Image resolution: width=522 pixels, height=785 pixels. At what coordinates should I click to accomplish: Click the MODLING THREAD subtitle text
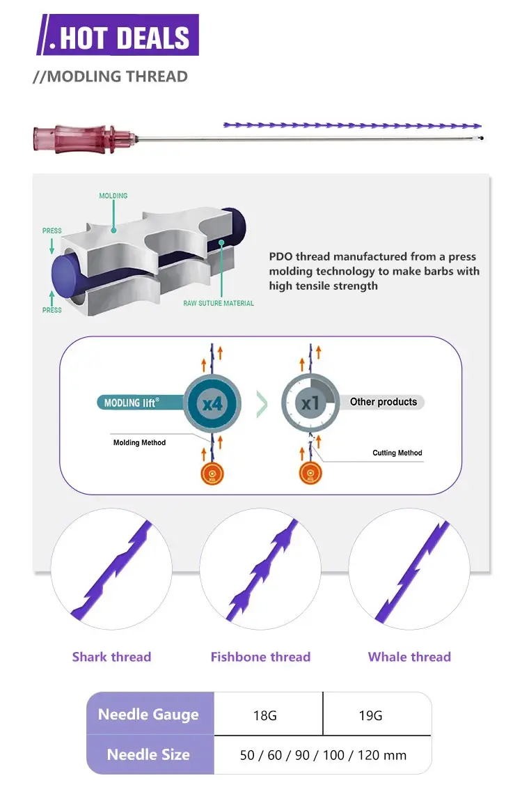coord(110,77)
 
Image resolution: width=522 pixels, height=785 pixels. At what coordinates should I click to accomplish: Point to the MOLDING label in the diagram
coord(113,196)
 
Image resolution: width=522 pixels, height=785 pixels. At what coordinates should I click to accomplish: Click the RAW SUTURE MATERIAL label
coord(219,304)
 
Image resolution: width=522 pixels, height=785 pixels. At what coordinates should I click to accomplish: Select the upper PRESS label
coord(52,231)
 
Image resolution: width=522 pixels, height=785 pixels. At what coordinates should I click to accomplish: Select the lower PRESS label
coord(52,310)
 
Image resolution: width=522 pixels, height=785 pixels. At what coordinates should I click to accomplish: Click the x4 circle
coord(212,402)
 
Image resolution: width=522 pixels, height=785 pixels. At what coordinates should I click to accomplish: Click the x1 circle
coord(310,402)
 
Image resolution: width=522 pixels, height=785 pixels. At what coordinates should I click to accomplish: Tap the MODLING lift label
coord(132,403)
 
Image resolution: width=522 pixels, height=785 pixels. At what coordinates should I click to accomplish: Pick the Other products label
coord(383,402)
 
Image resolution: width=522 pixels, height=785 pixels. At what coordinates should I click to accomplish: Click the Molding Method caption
coord(139,443)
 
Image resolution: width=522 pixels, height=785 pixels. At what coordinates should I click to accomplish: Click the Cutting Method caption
coord(397,453)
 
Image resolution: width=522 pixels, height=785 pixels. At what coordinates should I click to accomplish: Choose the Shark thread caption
coord(111,657)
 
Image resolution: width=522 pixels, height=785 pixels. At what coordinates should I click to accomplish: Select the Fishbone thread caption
coord(260,657)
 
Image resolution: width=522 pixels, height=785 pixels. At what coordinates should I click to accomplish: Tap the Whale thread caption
coord(409,657)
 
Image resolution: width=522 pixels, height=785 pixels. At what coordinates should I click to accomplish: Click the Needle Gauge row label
coord(148,715)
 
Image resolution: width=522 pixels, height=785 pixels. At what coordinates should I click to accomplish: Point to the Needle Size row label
coord(148,754)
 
